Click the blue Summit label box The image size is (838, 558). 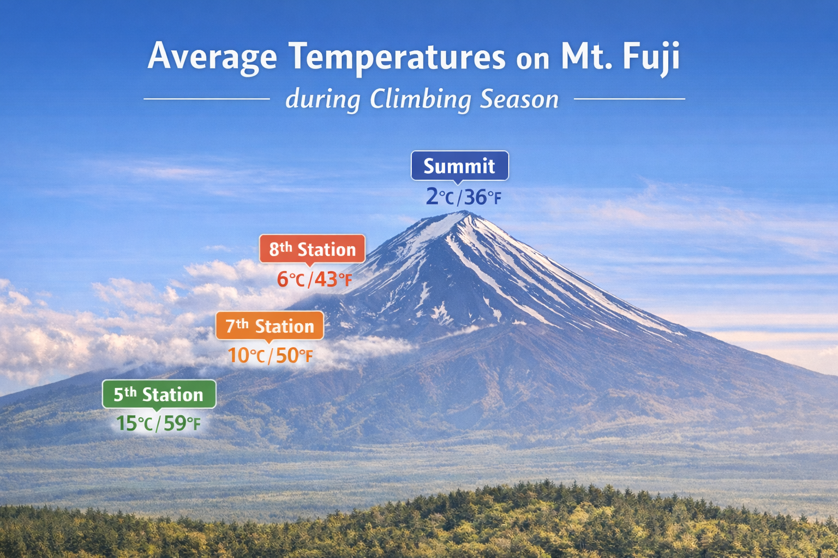click(x=460, y=166)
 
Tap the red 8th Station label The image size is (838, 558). click(x=312, y=249)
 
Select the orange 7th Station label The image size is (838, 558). click(x=270, y=326)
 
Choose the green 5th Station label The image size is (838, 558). click(x=159, y=395)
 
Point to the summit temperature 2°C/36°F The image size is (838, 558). click(x=464, y=197)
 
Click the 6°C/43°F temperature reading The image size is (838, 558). click(x=314, y=279)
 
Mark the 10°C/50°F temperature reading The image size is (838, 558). click(x=270, y=355)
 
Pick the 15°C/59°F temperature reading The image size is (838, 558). click(x=158, y=423)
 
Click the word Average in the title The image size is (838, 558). click(x=212, y=57)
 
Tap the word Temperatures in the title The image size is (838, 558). click(x=397, y=57)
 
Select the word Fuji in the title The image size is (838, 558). click(x=651, y=57)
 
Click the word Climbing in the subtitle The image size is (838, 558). click(x=421, y=99)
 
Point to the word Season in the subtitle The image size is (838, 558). click(x=519, y=100)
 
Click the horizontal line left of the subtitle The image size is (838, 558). click(x=207, y=99)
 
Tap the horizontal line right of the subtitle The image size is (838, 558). click(x=629, y=99)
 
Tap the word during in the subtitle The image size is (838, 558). click(x=323, y=99)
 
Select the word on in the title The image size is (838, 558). click(x=532, y=60)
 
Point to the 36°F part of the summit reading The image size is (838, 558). click(x=483, y=197)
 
